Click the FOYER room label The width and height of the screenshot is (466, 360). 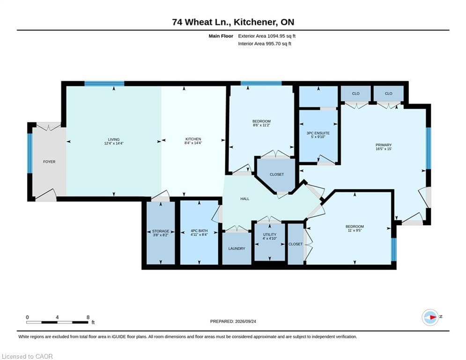49,162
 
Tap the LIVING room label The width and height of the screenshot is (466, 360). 114,139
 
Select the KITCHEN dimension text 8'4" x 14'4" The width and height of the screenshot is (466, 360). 193,143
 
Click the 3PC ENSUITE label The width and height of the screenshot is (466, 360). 318,133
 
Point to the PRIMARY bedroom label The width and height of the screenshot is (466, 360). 384,145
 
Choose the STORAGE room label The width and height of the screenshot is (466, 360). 161,231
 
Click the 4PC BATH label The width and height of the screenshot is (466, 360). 199,231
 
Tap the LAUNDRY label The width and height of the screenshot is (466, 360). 237,248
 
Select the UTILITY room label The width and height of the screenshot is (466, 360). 270,234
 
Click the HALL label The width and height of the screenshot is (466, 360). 245,199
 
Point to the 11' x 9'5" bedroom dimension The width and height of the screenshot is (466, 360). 355,230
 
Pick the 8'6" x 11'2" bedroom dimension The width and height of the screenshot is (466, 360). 261,125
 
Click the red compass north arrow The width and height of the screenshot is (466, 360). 433,317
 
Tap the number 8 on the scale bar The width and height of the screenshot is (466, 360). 88,317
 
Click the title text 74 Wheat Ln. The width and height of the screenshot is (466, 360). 201,22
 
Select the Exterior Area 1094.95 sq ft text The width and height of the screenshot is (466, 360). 267,36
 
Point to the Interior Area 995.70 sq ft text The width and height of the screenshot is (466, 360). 265,44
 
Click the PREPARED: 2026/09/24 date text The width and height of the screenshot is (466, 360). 233,321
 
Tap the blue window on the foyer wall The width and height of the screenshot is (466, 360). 30,153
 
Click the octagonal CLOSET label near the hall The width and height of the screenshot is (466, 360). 277,174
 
